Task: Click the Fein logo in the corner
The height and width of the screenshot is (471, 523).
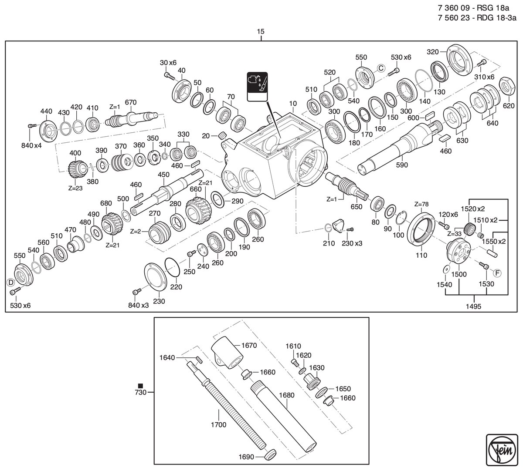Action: coord(502,450)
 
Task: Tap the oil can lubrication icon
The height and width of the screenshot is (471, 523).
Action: coord(257,87)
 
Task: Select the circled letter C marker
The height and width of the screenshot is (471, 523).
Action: coord(381,68)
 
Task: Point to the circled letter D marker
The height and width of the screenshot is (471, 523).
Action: coord(10,283)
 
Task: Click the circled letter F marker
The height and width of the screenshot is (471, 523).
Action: coord(497,273)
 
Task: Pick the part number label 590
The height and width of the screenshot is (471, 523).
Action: coord(401,165)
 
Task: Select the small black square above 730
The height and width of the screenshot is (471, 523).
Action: coord(140,386)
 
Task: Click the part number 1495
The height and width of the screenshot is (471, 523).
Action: coord(473,306)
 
